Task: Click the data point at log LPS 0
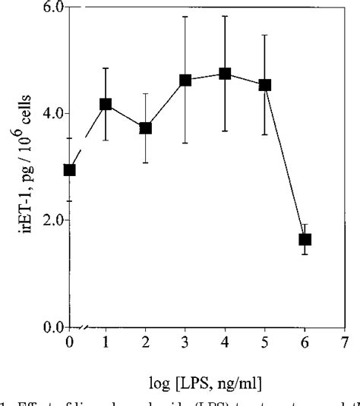point(70,170)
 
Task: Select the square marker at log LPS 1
point(106,104)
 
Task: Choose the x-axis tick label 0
point(70,343)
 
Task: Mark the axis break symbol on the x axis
point(86,327)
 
